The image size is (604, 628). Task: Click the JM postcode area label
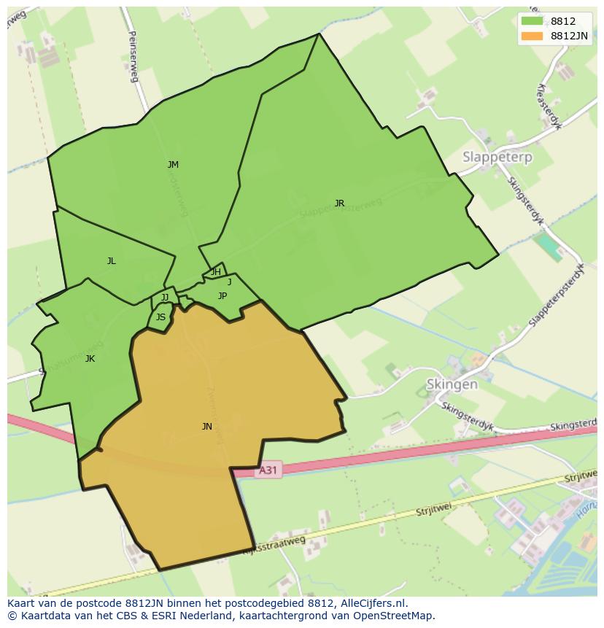pyautogui.click(x=173, y=165)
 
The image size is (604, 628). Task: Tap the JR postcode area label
pyautogui.click(x=339, y=203)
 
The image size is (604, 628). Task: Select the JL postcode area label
pyautogui.click(x=111, y=261)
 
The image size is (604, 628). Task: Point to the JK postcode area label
pyautogui.click(x=90, y=359)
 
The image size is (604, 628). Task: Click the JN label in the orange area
pyautogui.click(x=207, y=427)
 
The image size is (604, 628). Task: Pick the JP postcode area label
pyautogui.click(x=222, y=296)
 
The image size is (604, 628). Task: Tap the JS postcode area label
pyautogui.click(x=160, y=317)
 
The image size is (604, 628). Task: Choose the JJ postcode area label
pyautogui.click(x=165, y=298)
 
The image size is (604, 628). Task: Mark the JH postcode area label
pyautogui.click(x=216, y=272)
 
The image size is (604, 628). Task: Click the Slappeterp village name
pyautogui.click(x=497, y=157)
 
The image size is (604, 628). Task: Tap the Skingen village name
pyautogui.click(x=452, y=384)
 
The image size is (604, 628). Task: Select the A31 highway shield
pyautogui.click(x=268, y=470)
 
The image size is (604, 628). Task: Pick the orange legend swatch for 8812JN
pyautogui.click(x=533, y=36)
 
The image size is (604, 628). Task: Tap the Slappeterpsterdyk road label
pyautogui.click(x=557, y=295)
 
